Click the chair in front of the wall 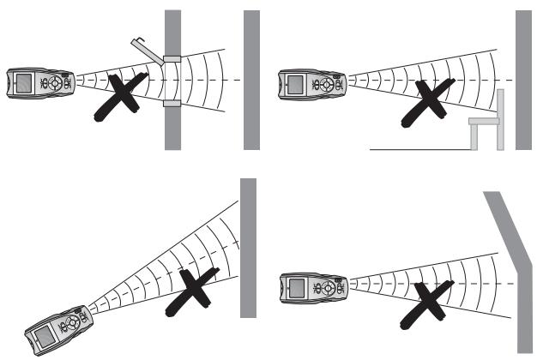pos(484,124)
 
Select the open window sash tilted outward pos(146,48)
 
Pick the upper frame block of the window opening pos(172,60)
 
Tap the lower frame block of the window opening pos(172,103)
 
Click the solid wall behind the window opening pos(250,79)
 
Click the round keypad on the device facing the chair pos(329,84)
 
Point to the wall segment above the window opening pos(172,30)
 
